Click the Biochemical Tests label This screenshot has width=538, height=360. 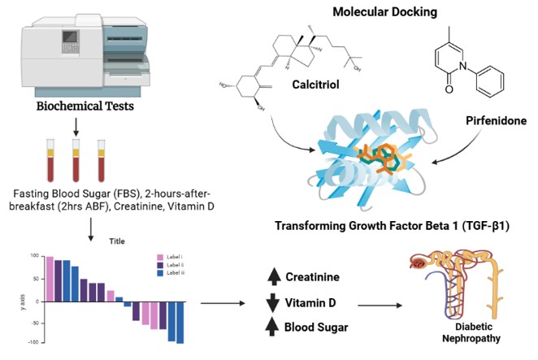(74, 106)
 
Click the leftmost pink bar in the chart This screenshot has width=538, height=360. (49, 278)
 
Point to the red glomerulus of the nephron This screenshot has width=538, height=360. (419, 262)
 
